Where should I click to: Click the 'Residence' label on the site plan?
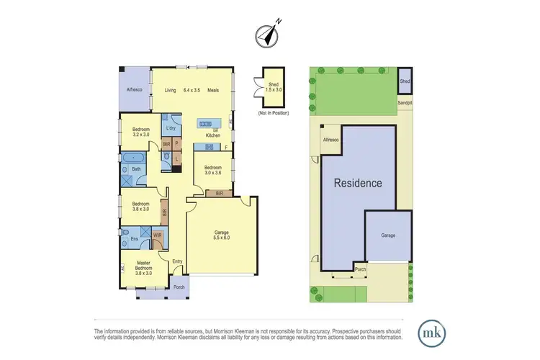click(357, 183)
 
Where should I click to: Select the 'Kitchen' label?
click(213, 135)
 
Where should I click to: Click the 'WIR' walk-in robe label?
click(157, 235)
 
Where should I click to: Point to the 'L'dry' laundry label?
click(171, 128)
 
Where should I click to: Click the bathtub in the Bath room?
click(133, 156)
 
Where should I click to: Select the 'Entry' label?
click(177, 261)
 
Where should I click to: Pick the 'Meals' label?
click(213, 91)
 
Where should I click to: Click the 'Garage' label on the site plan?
click(388, 235)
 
